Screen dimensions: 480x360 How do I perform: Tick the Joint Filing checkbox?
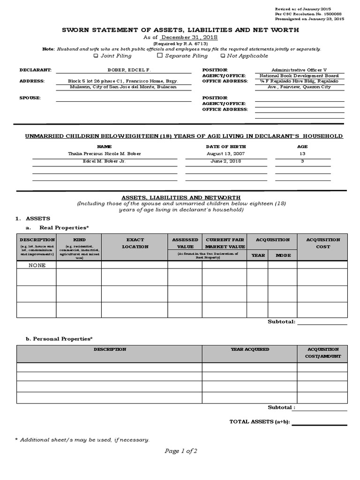pos(96,56)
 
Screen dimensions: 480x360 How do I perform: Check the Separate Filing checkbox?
pos(160,55)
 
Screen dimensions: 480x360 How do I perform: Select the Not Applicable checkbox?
pos(223,56)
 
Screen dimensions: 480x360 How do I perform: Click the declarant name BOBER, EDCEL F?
pos(123,70)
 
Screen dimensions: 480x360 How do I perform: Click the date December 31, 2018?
pos(189,37)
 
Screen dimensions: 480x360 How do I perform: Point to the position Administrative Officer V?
pos(299,70)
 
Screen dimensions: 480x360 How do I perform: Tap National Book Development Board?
pos(299,76)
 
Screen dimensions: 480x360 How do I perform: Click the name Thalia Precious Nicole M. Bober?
pos(104,154)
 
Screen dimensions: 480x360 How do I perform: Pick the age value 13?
pos(302,154)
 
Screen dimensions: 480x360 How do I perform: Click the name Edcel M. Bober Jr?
pos(104,161)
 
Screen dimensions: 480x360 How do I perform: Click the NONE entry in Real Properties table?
pos(37,265)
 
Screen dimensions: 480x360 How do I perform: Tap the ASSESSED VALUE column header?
pos(185,243)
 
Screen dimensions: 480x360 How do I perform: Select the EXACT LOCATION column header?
pos(135,243)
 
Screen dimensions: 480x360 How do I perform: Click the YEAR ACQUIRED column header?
pos(250,349)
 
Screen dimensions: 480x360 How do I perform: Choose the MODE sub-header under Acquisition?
pos(283,255)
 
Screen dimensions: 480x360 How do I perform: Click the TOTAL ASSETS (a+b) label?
pos(259,422)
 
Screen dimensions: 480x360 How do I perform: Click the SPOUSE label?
pos(30,98)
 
